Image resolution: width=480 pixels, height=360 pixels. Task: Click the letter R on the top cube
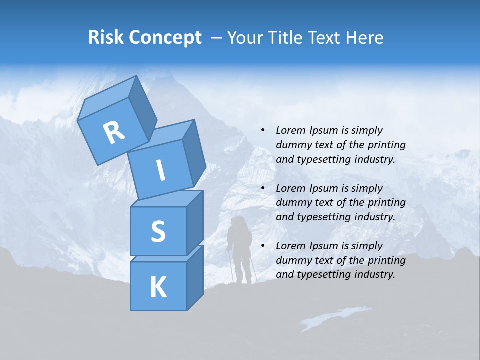[x=114, y=133]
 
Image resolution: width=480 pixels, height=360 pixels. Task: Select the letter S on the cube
[x=158, y=231]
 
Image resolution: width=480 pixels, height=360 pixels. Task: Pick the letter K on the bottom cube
[x=158, y=287]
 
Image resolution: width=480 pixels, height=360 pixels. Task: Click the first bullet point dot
[x=262, y=130]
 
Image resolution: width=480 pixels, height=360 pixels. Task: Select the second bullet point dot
[x=262, y=188]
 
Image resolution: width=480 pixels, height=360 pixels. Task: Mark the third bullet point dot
[x=262, y=246]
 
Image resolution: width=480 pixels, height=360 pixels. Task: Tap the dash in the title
[x=217, y=38]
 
